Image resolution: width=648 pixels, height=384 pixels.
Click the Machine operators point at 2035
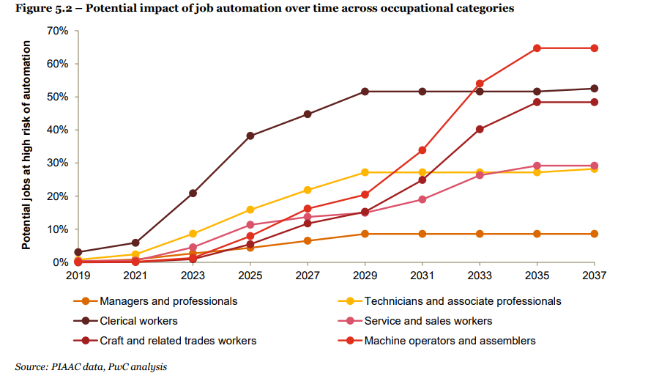(x=537, y=48)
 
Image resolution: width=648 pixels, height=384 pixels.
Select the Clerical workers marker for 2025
(x=250, y=136)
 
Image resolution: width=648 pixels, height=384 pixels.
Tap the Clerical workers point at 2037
(x=595, y=89)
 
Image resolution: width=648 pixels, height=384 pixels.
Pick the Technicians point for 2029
(x=365, y=172)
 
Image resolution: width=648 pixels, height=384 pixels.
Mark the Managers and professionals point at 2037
(x=595, y=234)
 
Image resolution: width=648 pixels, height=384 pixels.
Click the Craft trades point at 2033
(x=480, y=129)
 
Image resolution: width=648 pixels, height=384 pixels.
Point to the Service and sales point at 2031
(x=422, y=199)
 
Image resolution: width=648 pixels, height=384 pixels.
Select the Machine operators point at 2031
(x=422, y=150)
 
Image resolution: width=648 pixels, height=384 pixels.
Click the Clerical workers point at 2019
(x=77, y=252)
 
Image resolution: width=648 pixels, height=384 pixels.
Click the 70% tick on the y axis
(x=57, y=31)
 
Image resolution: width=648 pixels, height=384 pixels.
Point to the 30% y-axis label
(x=57, y=163)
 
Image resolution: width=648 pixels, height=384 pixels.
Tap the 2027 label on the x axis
(x=307, y=276)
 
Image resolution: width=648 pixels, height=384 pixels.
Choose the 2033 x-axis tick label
(x=480, y=276)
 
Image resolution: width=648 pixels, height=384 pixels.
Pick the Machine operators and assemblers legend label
(x=450, y=341)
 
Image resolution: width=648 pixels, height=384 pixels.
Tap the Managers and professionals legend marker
(x=86, y=301)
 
